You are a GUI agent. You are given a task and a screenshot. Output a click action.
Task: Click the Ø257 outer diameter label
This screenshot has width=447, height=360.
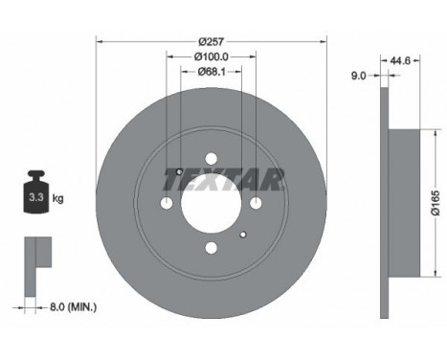[212, 41]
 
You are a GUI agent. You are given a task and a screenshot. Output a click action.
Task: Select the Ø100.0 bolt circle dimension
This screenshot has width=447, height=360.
[212, 56]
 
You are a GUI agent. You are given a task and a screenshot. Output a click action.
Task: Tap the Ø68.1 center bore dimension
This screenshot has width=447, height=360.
[212, 72]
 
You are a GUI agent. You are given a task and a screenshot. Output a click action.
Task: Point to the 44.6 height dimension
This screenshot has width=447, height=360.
[400, 60]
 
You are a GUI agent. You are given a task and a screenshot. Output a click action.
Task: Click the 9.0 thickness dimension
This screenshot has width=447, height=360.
[359, 76]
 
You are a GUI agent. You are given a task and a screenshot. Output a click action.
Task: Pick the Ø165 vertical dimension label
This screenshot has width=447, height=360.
[436, 203]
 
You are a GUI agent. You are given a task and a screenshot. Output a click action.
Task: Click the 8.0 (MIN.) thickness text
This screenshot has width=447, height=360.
[73, 307]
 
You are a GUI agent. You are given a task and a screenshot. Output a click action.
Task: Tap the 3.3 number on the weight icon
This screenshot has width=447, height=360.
[36, 197]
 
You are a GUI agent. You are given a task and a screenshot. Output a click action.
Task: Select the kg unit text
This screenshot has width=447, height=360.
[57, 198]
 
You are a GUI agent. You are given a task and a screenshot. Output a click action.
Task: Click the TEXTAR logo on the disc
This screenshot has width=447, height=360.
[223, 180]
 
